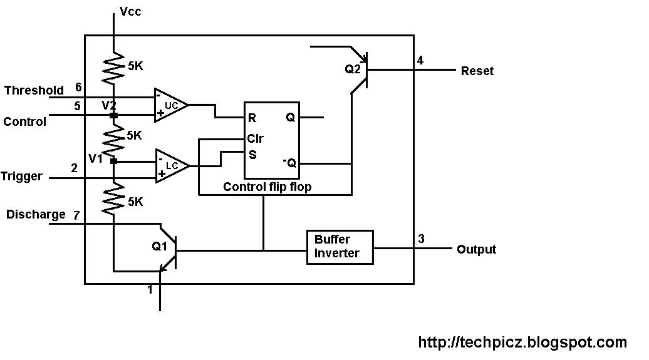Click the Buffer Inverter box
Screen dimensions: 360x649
click(340, 247)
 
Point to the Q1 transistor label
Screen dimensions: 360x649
click(160, 247)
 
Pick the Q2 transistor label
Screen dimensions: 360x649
click(353, 69)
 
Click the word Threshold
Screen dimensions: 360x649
click(34, 91)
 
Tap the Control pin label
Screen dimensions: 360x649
click(25, 122)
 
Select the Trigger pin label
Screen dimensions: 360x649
click(22, 177)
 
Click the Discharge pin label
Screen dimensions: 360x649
click(36, 215)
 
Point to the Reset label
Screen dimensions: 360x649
click(477, 71)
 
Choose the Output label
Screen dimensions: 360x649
click(476, 249)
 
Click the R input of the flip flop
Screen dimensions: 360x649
click(252, 117)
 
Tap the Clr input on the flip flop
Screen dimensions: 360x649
click(255, 139)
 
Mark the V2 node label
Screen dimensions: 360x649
click(109, 105)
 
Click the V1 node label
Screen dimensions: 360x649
click(95, 158)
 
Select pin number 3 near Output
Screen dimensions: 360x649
click(421, 239)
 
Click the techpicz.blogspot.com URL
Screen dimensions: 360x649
click(522, 342)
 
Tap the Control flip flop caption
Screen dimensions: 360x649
click(266, 187)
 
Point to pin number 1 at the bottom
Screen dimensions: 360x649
click(150, 290)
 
